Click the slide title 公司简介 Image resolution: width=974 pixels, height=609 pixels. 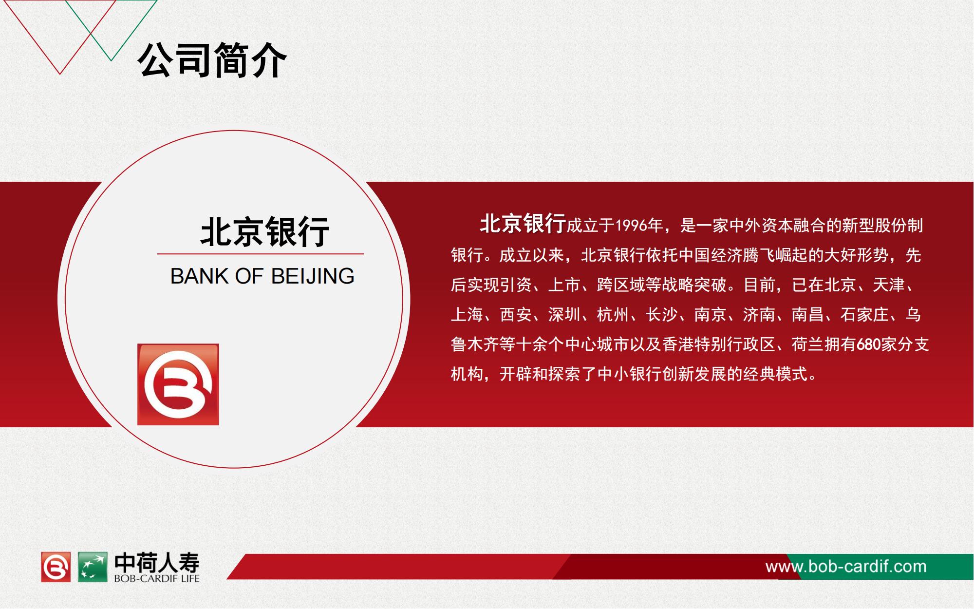pos(213,60)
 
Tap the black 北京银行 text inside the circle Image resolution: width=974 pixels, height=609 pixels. pos(265,232)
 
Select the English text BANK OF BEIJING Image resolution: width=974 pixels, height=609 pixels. pos(262,276)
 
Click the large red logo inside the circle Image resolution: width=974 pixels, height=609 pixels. pos(178,384)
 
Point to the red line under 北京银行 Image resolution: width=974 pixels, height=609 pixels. pos(261,254)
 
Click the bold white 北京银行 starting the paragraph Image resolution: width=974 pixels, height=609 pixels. pos(523,224)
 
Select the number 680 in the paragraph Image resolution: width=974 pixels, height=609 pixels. pos(868,344)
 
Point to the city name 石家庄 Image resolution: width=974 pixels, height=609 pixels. pos(865,315)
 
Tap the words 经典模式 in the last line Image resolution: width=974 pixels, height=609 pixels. pos(775,374)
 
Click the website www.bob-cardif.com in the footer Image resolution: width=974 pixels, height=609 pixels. pos(846,567)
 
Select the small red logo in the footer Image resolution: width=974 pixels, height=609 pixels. pos(56,567)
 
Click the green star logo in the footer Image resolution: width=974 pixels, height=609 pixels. pos(93,567)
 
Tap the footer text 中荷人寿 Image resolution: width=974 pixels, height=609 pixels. pos(157,563)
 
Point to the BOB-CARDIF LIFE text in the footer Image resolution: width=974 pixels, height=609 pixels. pos(157,579)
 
